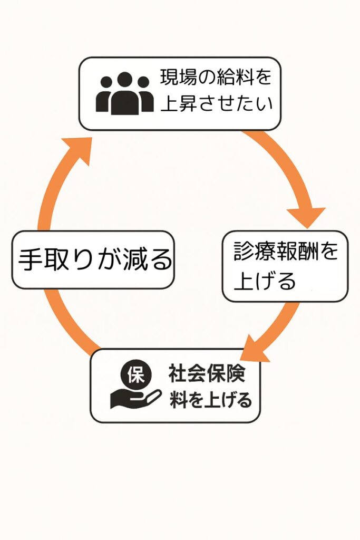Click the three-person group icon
click(124, 93)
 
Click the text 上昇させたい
click(216, 103)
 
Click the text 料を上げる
click(210, 401)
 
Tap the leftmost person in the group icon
click(105, 96)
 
